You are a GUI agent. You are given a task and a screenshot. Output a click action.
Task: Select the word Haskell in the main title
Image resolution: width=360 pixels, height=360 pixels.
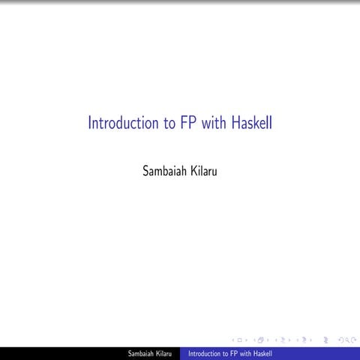point(252,123)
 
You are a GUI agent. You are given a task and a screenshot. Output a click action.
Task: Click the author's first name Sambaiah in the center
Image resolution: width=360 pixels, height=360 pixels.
point(163,171)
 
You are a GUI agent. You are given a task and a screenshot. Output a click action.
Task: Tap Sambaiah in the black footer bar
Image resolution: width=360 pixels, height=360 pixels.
point(140,353)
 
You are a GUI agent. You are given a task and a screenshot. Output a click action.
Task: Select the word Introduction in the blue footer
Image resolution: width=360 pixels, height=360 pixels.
point(204,353)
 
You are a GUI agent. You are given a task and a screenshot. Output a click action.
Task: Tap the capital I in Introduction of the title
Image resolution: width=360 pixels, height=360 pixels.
point(90,123)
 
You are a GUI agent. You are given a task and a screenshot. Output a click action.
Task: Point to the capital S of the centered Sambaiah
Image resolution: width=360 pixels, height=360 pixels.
point(145,171)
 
